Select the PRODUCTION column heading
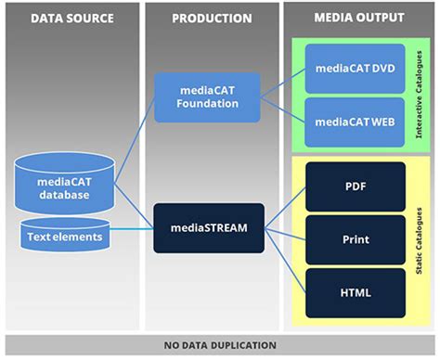point(212,18)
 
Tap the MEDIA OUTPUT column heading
point(358,18)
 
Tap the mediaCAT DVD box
point(356,68)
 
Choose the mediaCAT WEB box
point(356,121)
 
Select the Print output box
point(356,239)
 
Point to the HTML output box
point(356,292)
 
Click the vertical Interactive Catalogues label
point(419,96)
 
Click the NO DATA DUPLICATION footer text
point(219,345)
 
